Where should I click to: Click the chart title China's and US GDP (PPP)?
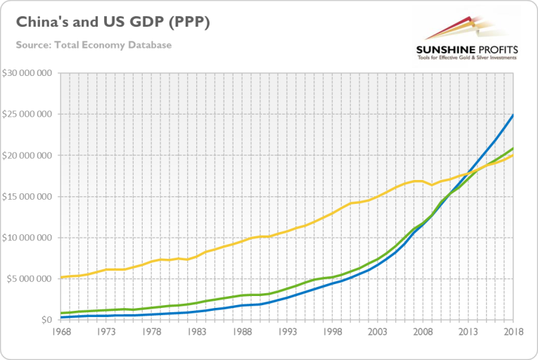[113, 22]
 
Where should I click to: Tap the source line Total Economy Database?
[94, 45]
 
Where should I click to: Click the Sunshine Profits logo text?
[468, 50]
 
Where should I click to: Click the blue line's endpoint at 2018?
[513, 115]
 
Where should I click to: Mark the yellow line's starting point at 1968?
[61, 277]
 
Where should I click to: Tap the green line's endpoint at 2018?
[513, 148]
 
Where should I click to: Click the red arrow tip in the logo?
[468, 18]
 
